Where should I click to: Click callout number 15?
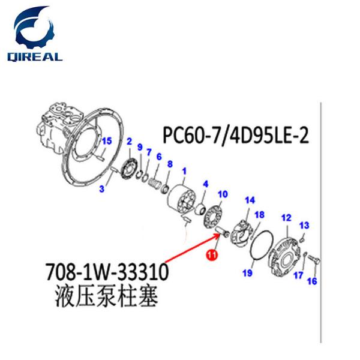pyautogui.click(x=107, y=141)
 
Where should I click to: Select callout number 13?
pyautogui.click(x=304, y=224)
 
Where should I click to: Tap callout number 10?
pyautogui.click(x=223, y=194)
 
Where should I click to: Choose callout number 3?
pyautogui.click(x=102, y=190)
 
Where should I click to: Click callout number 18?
pyautogui.click(x=260, y=214)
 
